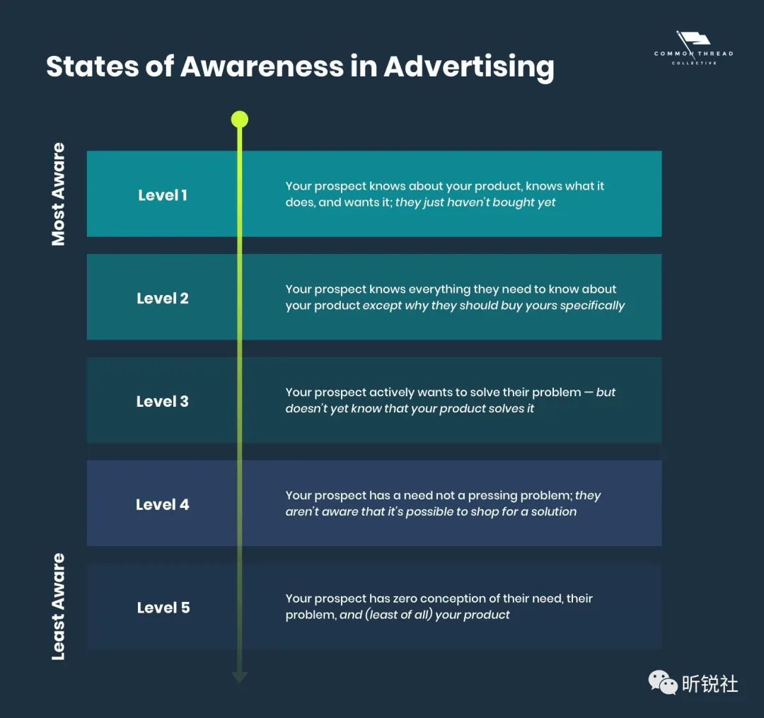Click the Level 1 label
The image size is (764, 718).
point(162,195)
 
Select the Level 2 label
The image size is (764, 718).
point(162,298)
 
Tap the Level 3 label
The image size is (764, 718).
point(162,401)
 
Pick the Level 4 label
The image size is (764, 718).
point(162,504)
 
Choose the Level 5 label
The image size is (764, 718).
point(163,608)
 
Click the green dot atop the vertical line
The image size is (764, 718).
point(240,120)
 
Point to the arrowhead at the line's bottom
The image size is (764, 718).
point(240,677)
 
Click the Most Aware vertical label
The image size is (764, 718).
point(58,194)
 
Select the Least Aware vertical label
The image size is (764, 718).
point(58,606)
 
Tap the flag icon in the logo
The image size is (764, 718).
point(693,39)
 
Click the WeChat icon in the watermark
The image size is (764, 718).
point(663,682)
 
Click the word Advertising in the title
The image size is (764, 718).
point(469,67)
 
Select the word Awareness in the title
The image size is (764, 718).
point(262,66)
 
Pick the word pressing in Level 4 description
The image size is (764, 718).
point(494,497)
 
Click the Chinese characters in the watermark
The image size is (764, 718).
point(710,683)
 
